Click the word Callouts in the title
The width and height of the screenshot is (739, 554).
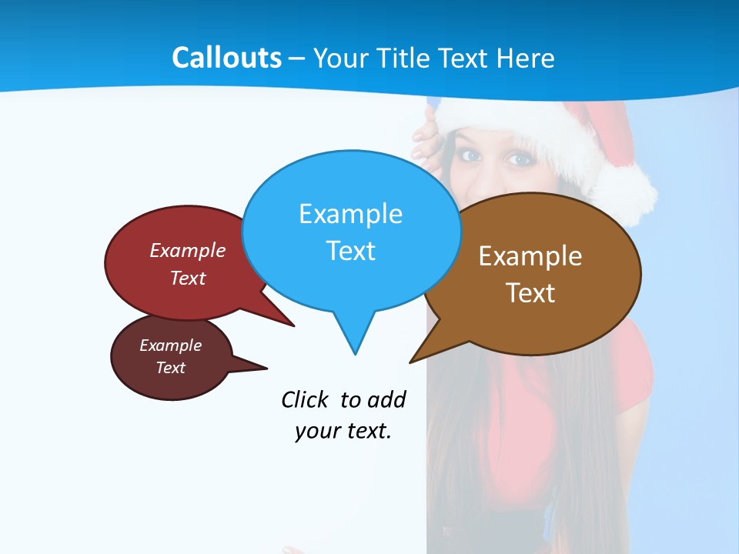[226, 58]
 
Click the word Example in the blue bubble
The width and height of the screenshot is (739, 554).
[350, 214]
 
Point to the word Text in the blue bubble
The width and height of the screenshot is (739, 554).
[350, 251]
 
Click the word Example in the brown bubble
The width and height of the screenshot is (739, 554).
[530, 256]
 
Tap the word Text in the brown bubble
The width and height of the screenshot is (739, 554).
[530, 293]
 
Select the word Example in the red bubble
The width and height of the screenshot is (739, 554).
[188, 251]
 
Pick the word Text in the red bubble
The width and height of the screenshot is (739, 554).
[188, 278]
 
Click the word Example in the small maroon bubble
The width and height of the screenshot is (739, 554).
[171, 345]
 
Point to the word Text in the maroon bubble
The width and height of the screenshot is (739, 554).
[171, 368]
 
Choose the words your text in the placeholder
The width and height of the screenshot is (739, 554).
[343, 432]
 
